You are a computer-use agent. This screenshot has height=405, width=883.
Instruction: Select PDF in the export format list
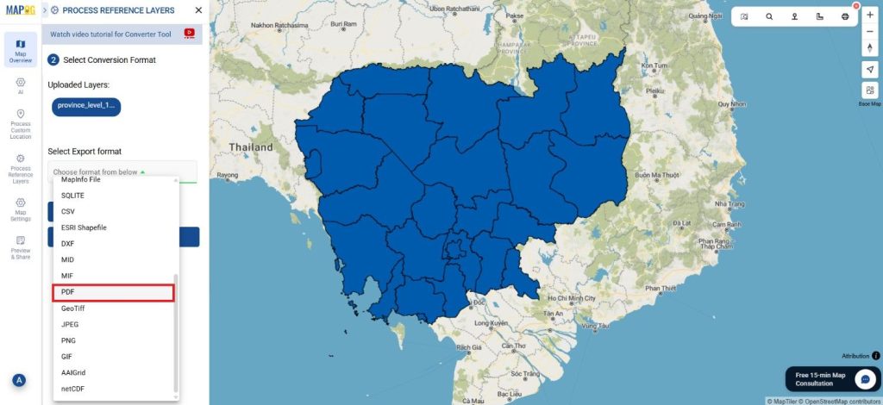pos(113,292)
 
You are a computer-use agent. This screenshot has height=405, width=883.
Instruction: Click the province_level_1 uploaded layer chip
pos(85,106)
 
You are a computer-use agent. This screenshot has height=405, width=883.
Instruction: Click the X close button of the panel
pos(198,10)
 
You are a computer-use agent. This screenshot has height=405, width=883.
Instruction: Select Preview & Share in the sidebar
pos(21,246)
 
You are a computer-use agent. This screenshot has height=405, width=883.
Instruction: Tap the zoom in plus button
pos(869,15)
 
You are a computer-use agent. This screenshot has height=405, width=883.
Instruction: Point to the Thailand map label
pos(251,147)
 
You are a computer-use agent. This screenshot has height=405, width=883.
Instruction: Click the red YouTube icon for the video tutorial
pos(189,34)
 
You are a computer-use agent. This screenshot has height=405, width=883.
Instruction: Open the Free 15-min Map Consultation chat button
pos(865,379)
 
